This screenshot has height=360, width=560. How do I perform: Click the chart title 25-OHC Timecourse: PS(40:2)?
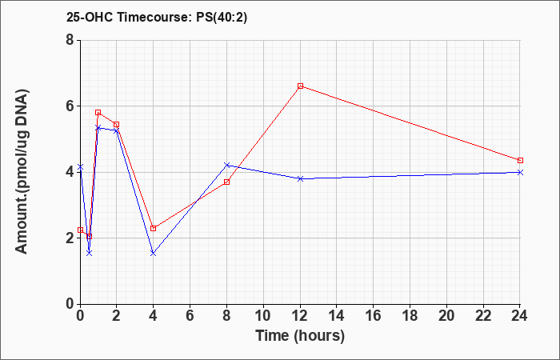[x=157, y=18]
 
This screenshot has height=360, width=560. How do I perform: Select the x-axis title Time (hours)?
[x=300, y=336]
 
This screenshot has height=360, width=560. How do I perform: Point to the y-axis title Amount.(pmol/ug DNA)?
[x=22, y=172]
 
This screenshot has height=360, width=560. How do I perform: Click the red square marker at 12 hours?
[x=300, y=86]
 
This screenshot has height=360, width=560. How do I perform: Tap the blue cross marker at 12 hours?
[x=300, y=178]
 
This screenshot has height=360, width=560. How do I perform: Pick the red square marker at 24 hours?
[x=520, y=160]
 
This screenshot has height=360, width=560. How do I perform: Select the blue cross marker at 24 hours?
[x=520, y=172]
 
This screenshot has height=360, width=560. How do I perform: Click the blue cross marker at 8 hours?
[x=226, y=165]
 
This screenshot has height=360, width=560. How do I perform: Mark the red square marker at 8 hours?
[x=226, y=182]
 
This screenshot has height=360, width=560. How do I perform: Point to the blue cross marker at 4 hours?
[x=154, y=254]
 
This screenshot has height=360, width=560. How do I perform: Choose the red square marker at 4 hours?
[x=154, y=228]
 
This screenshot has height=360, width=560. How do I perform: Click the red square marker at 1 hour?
[x=98, y=113]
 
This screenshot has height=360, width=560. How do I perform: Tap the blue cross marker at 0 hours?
[x=80, y=166]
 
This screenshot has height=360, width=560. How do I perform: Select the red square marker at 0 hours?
[x=80, y=230]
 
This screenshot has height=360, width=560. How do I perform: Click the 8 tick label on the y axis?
[x=70, y=40]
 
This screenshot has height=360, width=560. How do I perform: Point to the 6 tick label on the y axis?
[x=70, y=106]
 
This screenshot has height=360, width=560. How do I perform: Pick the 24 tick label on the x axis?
[x=520, y=315]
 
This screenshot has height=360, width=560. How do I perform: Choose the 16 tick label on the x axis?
[x=374, y=315]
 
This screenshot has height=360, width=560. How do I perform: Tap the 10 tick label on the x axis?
[x=263, y=315]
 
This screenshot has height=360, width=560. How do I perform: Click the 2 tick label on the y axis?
[x=70, y=238]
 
